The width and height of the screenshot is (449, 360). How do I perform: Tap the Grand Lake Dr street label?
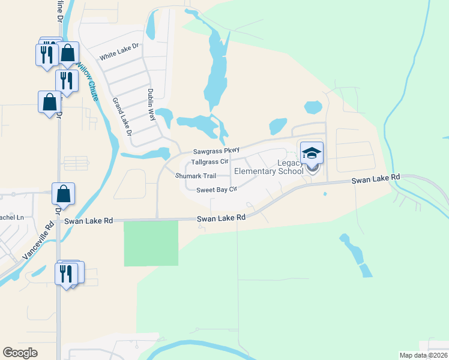point(122,116)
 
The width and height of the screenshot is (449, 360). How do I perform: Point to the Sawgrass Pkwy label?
point(216,151)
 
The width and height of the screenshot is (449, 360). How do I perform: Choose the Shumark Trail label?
point(194,176)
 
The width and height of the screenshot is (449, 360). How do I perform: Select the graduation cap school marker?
point(312,153)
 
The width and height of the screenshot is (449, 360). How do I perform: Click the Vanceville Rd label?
point(37,241)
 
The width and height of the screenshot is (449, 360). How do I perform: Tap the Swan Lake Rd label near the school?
point(376,178)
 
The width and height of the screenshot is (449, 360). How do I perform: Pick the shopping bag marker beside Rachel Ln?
point(63,194)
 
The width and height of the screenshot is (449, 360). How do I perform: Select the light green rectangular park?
point(151,243)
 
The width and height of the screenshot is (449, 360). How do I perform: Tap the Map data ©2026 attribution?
point(423,355)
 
